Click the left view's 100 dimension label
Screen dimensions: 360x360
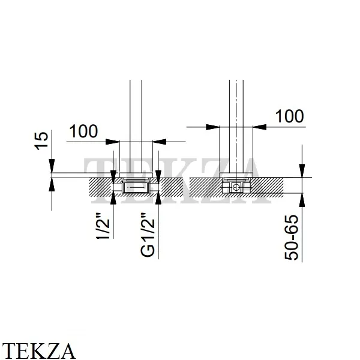[x=83, y=131]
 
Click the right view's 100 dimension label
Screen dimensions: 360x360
[x=289, y=116]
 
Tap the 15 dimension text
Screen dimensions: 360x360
[x=41, y=141]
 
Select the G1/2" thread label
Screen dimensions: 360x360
[x=148, y=235]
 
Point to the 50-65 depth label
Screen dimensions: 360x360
[x=292, y=238]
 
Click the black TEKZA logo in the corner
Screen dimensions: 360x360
[x=38, y=351]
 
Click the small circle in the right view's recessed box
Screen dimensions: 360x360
[x=236, y=187]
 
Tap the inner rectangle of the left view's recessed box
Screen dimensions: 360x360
[x=135, y=188]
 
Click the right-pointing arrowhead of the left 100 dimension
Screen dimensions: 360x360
[x=113, y=142]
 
